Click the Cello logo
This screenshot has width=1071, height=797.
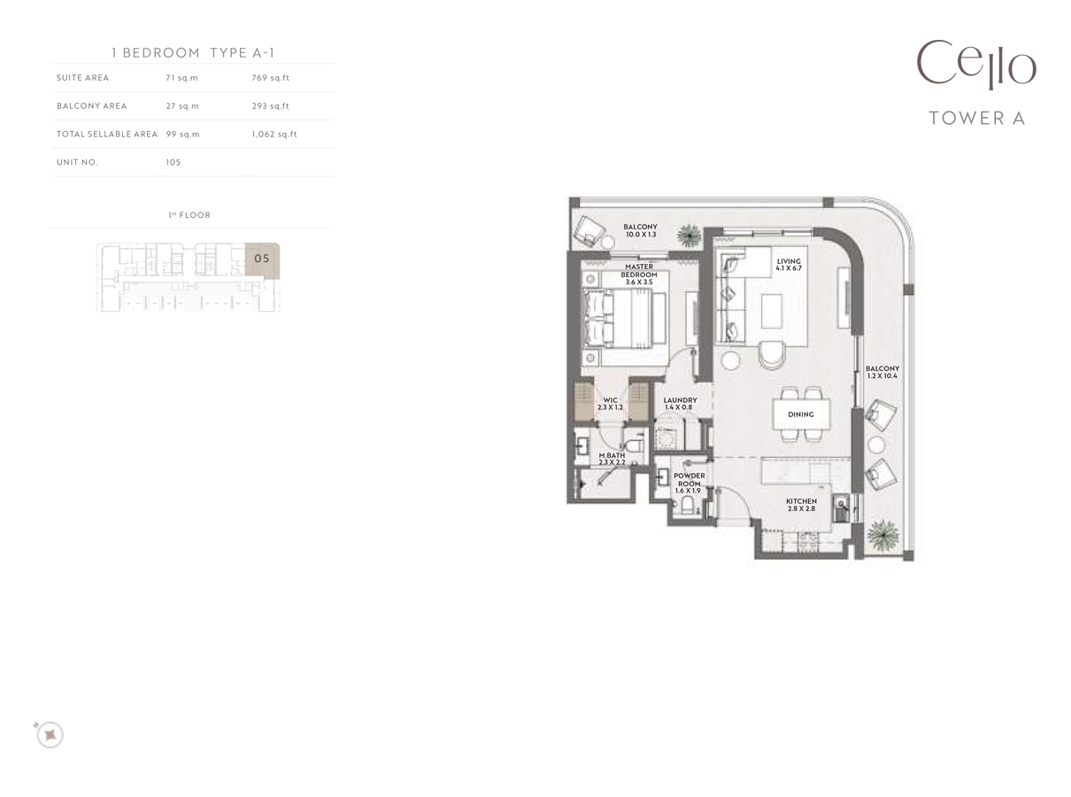click(975, 65)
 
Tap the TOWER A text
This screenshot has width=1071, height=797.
click(976, 118)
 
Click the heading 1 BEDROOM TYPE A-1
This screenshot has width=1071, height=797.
click(193, 52)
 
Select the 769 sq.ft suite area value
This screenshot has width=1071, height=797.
click(270, 78)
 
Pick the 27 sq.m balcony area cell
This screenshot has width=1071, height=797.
click(181, 106)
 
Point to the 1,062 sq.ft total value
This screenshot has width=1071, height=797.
click(274, 135)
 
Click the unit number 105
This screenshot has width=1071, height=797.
click(173, 163)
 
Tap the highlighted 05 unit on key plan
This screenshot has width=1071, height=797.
click(262, 259)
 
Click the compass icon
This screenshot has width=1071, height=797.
click(50, 734)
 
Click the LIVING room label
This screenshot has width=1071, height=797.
click(789, 265)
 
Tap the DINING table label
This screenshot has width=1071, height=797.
click(801, 414)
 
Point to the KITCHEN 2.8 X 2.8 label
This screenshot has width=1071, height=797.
click(801, 505)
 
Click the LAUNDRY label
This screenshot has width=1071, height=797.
click(680, 404)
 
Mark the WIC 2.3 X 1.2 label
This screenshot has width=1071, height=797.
click(611, 404)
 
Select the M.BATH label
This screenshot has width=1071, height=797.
click(611, 459)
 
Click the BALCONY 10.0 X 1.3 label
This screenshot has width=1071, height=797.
click(640, 231)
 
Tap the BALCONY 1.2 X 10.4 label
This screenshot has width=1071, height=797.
click(882, 372)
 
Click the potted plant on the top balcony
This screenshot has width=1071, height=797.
click(688, 235)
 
